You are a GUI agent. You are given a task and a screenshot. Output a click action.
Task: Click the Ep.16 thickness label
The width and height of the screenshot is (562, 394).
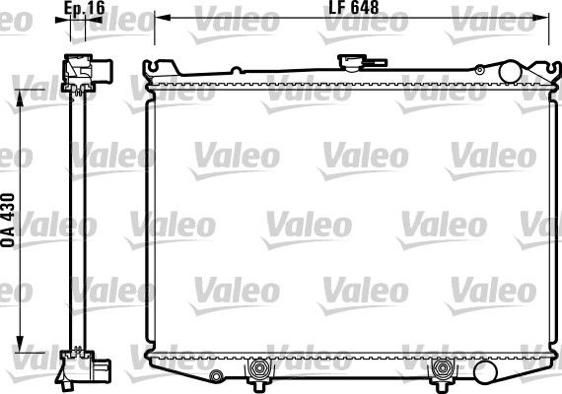pos(84,9)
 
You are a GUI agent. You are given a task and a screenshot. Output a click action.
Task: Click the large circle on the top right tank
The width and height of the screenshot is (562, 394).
pos(511,71)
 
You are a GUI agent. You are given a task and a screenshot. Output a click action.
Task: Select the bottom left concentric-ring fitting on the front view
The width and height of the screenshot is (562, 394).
pos(260,371)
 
